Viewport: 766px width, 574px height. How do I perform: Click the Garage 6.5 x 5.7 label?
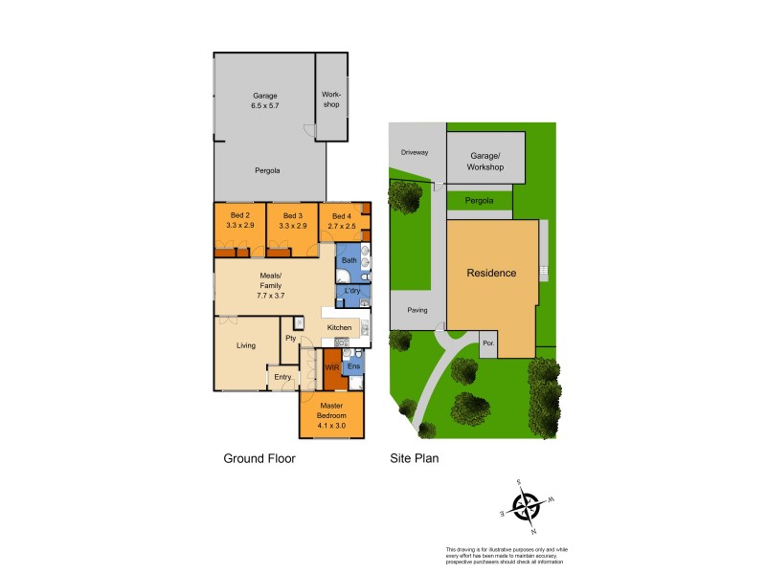click(x=265, y=100)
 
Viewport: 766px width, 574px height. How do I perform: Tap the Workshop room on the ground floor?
click(x=331, y=99)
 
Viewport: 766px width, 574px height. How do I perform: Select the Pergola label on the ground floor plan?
click(x=267, y=170)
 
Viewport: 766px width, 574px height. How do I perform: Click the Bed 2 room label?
click(x=239, y=220)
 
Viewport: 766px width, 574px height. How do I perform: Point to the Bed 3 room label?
click(x=293, y=220)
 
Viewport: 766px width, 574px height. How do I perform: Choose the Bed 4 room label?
click(x=342, y=221)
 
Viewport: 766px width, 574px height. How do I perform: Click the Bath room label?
click(x=349, y=260)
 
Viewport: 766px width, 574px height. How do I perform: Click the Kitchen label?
click(x=340, y=328)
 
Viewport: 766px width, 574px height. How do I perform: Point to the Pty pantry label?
click(x=290, y=339)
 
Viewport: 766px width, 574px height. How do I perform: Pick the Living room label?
click(x=246, y=344)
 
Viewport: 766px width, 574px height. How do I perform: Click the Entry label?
click(x=282, y=378)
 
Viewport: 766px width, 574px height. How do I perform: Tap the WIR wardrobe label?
click(x=332, y=366)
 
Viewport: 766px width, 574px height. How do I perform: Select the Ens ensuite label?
click(x=352, y=366)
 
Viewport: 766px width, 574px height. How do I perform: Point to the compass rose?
click(x=526, y=504)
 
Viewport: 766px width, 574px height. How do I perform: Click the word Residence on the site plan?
click(x=491, y=274)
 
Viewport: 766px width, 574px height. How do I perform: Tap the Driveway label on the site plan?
click(x=415, y=152)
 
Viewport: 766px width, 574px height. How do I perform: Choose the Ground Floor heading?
click(x=259, y=458)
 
